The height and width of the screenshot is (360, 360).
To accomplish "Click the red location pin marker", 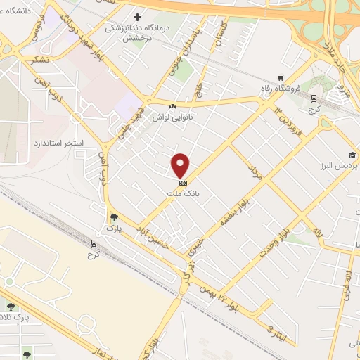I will point(181,166).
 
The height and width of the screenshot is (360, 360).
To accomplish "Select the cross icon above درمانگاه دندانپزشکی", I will point(137,16).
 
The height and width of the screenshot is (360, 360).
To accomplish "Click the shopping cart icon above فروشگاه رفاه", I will point(281,78).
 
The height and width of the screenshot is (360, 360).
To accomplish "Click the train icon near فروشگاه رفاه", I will point(314,98).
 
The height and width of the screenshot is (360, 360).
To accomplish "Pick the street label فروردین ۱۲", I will point(287,124).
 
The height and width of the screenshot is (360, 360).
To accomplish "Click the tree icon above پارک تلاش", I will point(10,306).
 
